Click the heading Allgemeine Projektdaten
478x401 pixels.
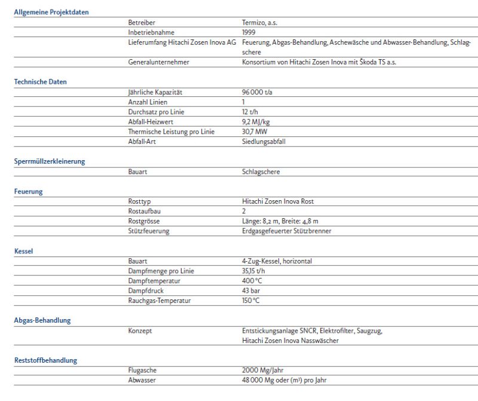tap(51, 12)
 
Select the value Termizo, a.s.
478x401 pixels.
tap(260, 23)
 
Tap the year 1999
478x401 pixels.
tap(249, 32)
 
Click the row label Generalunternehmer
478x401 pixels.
tap(158, 62)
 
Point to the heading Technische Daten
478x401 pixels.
tap(40, 82)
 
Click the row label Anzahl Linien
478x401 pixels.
tap(149, 102)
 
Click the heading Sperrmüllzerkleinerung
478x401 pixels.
tap(50, 161)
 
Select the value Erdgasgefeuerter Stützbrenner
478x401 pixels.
tap(286, 231)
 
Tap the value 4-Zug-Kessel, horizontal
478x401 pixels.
tap(277, 261)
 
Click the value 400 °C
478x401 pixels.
tap(252, 281)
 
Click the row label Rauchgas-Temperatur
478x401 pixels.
tap(160, 301)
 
